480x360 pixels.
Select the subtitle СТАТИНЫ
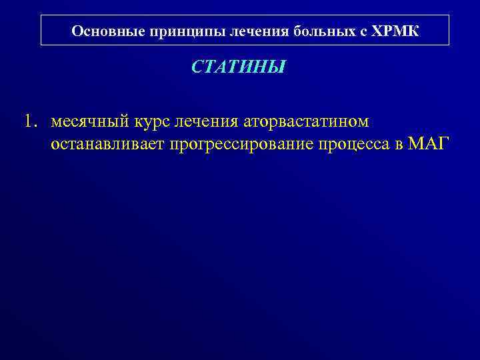(x=239, y=67)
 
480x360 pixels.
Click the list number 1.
(x=30, y=122)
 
